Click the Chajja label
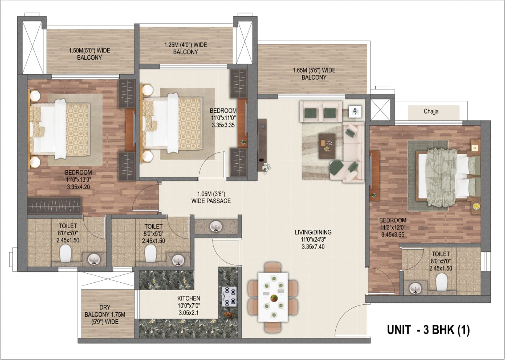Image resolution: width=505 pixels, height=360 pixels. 431,111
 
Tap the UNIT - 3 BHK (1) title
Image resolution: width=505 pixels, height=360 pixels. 428,330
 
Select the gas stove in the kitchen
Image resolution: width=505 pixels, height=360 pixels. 229,296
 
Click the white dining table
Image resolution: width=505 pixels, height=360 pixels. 273,297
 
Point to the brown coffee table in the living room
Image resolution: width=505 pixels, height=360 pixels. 327,146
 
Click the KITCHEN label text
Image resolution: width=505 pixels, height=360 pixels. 189,298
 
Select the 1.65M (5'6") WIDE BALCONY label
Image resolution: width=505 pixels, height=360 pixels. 314,74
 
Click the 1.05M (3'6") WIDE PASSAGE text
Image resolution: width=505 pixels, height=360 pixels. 211,197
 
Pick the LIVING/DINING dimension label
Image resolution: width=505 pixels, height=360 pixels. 313,239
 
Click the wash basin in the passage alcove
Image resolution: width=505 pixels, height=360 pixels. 216,226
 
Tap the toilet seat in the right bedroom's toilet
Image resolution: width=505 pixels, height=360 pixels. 441,282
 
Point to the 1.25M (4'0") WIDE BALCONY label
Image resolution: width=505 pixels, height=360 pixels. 185,48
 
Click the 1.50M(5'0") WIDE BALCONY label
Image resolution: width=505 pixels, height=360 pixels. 90,54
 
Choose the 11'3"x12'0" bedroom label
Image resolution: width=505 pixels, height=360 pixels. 393,227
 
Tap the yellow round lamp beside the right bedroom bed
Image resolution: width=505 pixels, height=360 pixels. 476,206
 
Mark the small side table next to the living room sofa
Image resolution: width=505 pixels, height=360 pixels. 355,111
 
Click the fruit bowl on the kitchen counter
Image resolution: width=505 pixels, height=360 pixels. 228,315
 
